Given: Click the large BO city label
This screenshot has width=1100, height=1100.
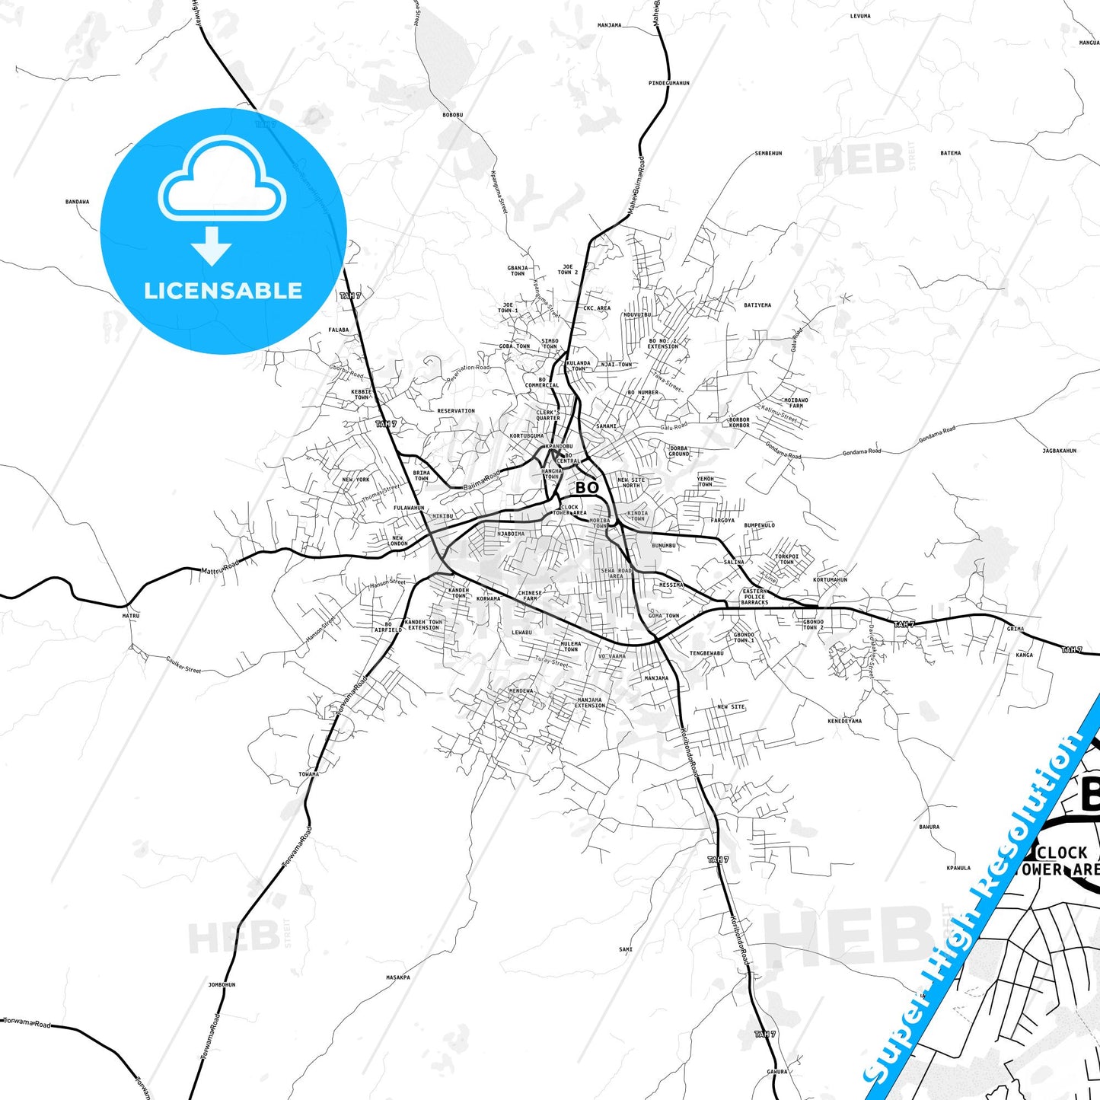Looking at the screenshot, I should coord(586,487).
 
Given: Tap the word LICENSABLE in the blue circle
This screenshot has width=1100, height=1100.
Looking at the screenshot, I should coord(223,291).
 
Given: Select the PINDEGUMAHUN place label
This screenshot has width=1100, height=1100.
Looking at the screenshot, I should coord(668,83).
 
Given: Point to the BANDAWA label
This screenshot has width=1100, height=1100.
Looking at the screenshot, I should coord(77,202).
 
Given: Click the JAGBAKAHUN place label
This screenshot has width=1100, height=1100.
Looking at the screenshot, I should coord(1059,451).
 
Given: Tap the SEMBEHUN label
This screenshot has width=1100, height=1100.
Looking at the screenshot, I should coord(768,153).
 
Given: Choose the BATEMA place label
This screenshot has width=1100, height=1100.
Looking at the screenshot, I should coord(950,153).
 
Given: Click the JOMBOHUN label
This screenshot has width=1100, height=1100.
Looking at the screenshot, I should coord(222,984).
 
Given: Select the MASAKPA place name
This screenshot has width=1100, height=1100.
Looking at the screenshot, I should coord(397,977).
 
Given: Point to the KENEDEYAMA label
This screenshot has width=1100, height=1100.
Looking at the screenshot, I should coord(844,721).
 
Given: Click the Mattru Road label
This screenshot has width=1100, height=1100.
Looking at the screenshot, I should coord(220,567).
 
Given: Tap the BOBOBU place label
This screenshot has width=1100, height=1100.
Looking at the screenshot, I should coord(452,115).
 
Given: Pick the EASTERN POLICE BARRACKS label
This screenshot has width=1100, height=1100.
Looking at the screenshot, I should coord(754,597).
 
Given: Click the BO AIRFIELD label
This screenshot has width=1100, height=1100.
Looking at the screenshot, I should coord(387,627).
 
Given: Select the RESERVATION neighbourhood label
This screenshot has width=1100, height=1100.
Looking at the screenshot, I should coord(455,411).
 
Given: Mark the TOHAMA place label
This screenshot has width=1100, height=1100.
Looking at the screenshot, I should coord(308,774).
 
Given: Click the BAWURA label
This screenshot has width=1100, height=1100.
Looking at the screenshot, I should coord(929,826).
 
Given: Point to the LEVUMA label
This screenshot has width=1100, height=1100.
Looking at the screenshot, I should coord(859,15).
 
